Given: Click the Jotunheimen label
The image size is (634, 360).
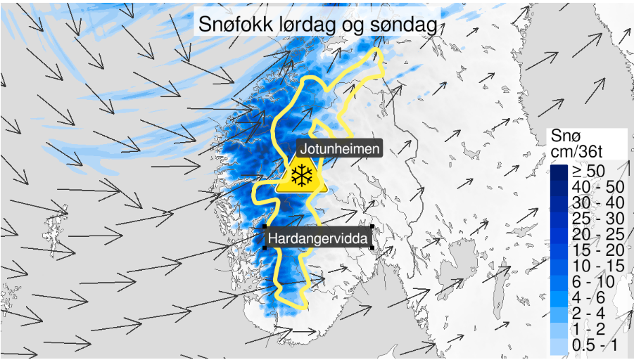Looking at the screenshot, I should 341,149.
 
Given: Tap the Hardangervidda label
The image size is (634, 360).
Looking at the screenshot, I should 318,240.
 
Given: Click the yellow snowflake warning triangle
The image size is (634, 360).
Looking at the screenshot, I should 301,176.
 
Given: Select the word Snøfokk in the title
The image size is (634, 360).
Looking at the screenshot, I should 235,24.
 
